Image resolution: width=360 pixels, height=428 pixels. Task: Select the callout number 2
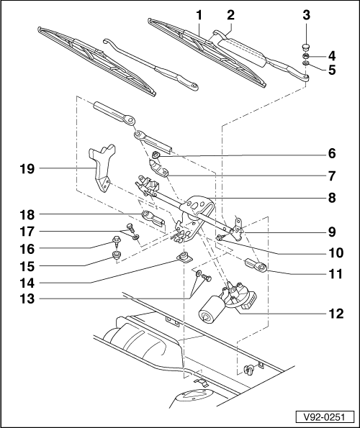click(230, 14)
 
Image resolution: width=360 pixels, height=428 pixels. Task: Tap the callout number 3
click(306, 14)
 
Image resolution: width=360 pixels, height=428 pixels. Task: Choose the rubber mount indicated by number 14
click(184, 258)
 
